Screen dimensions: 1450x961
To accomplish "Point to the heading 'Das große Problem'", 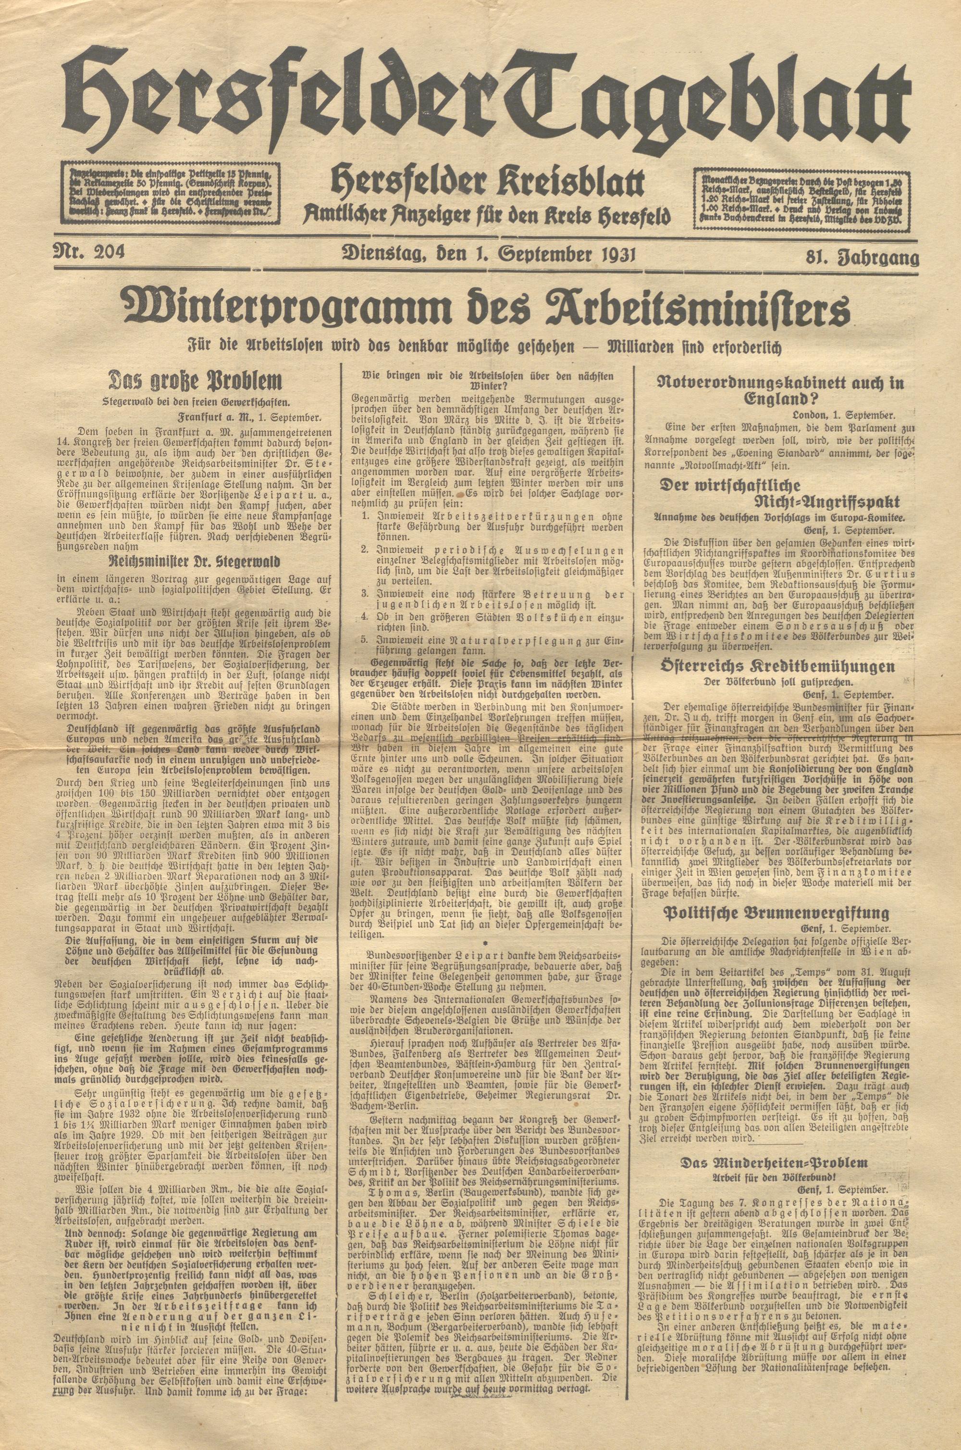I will click(196, 381).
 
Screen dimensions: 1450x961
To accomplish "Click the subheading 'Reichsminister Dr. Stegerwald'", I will click(196, 561).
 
